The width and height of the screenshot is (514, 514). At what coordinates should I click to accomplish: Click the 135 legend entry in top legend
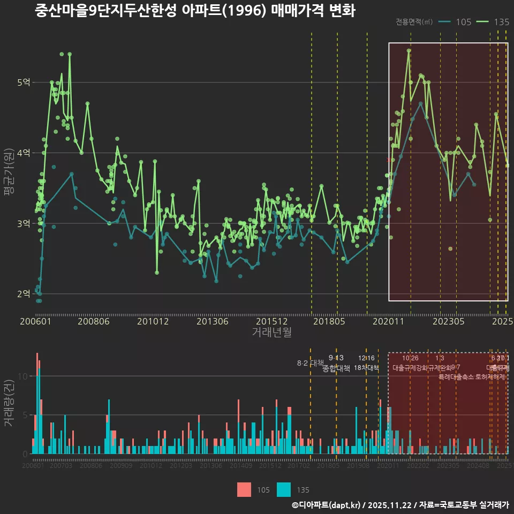[493, 22]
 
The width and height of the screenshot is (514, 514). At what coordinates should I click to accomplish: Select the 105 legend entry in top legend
[455, 22]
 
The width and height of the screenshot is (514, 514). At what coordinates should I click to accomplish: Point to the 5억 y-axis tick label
[23, 82]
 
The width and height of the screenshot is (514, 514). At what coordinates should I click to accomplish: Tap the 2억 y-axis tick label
[23, 294]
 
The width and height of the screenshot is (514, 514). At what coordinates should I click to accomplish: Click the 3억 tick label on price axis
[23, 223]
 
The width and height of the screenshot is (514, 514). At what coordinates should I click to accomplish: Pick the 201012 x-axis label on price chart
[153, 322]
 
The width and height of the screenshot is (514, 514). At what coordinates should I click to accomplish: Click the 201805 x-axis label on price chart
[329, 322]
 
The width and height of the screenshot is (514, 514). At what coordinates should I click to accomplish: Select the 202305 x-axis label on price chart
[448, 322]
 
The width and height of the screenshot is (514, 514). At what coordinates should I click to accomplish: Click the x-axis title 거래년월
[272, 332]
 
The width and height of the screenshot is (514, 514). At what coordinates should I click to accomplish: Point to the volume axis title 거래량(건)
[9, 403]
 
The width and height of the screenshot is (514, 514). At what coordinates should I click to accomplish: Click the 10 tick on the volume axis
[22, 376]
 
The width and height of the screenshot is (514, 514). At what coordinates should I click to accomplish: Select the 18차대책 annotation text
[366, 368]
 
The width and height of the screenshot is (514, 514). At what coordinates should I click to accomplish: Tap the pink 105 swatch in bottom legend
[244, 489]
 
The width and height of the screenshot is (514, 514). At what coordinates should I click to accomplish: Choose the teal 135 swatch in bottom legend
[284, 489]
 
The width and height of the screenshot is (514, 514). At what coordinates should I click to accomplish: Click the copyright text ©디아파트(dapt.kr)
[327, 505]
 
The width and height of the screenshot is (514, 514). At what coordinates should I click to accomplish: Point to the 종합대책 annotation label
[336, 368]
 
